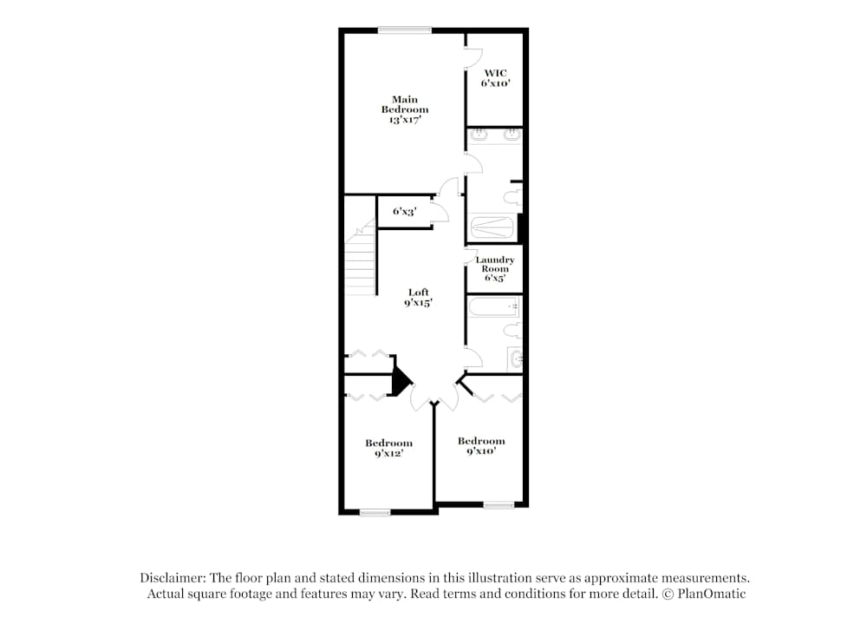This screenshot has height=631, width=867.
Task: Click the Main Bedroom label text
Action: click(405, 110)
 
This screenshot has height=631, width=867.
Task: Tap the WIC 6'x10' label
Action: click(495, 78)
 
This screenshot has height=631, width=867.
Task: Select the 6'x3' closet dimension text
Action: click(405, 211)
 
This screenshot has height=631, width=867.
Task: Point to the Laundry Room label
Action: click(495, 269)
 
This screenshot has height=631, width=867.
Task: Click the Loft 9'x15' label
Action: click(418, 298)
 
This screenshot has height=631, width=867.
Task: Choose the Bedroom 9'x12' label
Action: click(388, 448)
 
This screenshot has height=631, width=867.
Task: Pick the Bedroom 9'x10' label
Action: click(481, 446)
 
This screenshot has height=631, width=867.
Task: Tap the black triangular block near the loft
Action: click(400, 379)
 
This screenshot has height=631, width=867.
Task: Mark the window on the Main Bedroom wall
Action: click(405, 30)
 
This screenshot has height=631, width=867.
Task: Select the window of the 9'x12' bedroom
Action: click(375, 512)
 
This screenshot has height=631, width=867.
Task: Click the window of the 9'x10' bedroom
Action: click(499, 504)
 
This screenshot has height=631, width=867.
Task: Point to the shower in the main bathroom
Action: click(492, 227)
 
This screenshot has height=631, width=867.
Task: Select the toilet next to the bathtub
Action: click(514, 329)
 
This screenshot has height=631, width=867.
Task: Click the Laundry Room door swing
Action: click(473, 257)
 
